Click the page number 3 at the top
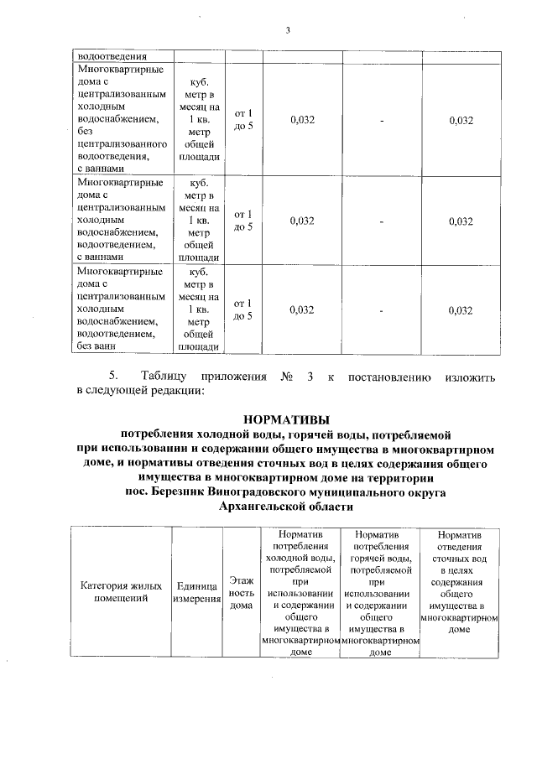tap(288, 31)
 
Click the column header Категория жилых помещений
tap(123, 592)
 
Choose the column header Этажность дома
tap(242, 592)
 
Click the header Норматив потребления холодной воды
tap(300, 592)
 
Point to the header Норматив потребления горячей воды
tap(381, 592)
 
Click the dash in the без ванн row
tap(382, 310)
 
